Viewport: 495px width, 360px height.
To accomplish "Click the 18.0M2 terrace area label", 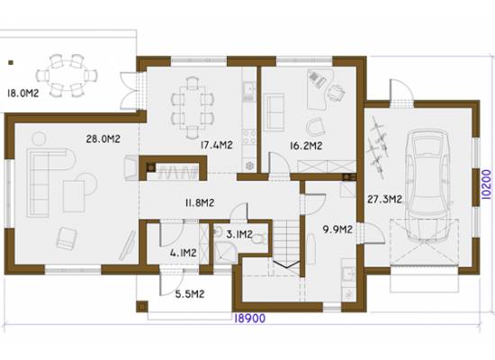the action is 22,94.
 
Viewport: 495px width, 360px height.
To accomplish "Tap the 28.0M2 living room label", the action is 103,139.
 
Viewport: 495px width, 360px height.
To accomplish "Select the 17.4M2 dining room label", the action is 217,145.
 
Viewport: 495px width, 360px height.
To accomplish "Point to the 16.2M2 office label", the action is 306,146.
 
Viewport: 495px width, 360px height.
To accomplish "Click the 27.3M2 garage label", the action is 384,199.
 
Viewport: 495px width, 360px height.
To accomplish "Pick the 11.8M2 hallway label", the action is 200,202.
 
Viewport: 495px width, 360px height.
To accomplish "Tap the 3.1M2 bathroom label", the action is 239,234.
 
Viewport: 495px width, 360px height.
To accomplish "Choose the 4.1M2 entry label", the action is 183,253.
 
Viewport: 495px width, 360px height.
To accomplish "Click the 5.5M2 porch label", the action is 190,294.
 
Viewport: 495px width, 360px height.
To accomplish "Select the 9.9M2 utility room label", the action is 337,229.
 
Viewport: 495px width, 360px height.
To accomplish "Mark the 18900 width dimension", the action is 249,319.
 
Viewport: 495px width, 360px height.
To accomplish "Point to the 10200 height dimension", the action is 487,184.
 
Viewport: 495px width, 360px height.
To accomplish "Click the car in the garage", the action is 427,185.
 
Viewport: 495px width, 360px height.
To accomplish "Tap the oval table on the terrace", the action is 67,76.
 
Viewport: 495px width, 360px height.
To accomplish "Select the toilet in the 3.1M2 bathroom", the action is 259,238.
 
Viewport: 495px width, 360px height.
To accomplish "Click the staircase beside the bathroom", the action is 286,245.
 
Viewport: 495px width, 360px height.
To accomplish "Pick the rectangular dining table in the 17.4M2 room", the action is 192,107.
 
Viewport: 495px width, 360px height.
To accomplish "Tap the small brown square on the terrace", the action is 11,62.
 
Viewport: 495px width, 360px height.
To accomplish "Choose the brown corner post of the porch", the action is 142,306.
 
